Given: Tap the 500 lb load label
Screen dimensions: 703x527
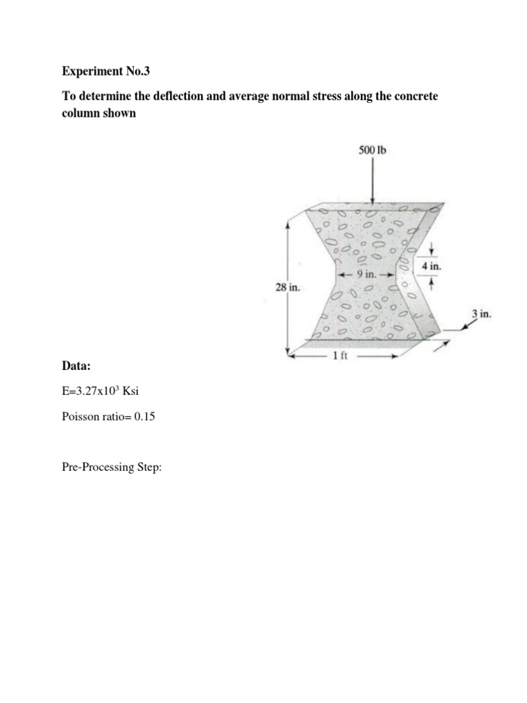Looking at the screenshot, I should (x=373, y=149).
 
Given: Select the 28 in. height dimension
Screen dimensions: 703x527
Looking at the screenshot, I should (x=288, y=288).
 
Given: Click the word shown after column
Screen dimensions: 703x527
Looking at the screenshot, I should (x=120, y=114).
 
